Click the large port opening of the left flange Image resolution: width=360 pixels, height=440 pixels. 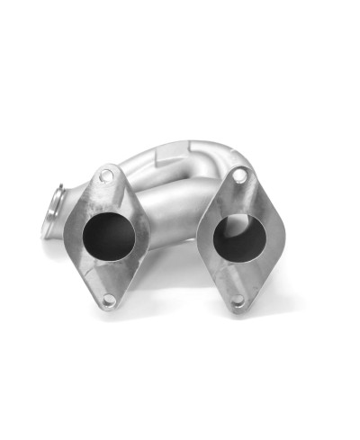coord(108,236)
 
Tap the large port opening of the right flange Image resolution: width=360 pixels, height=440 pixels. coord(237,238)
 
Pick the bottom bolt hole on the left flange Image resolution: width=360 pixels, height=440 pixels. coord(109,301)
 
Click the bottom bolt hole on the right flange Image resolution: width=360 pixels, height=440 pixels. coord(238,303)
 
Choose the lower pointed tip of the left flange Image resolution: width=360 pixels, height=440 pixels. coord(107,311)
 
